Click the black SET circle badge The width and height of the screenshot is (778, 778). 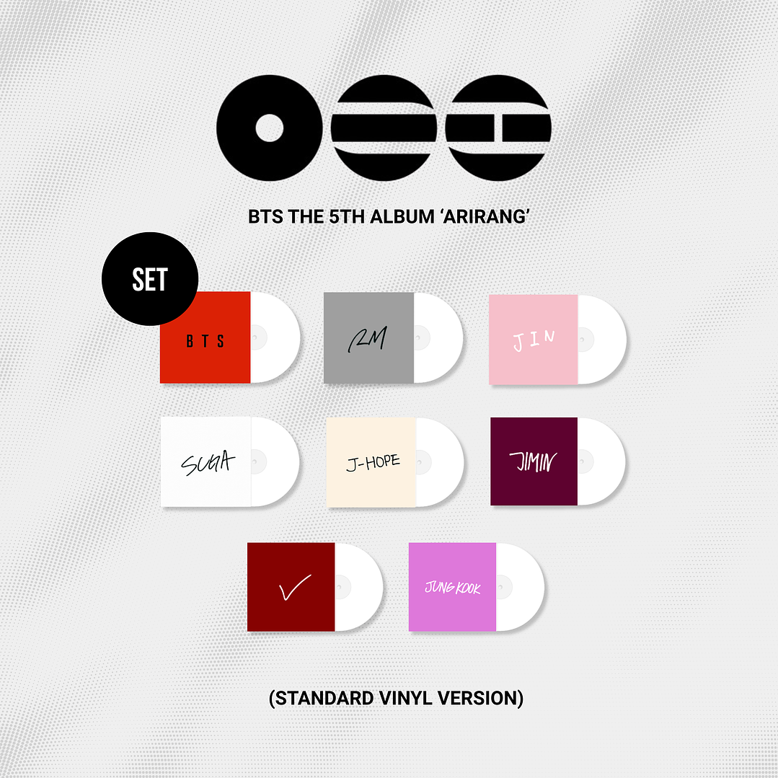150,279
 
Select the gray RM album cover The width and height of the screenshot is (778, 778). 368,337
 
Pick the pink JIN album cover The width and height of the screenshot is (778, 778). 534,339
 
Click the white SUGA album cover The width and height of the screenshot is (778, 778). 206,461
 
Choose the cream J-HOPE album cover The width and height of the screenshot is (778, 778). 371,461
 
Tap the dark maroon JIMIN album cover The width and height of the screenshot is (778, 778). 534,461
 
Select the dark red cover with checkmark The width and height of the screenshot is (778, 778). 291,587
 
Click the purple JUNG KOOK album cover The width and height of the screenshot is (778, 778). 452,587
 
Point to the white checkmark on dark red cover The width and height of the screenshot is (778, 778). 293,586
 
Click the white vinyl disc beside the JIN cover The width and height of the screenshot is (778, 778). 603,339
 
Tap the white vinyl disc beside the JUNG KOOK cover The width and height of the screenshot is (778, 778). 521,587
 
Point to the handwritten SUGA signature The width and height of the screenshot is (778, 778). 207,461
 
